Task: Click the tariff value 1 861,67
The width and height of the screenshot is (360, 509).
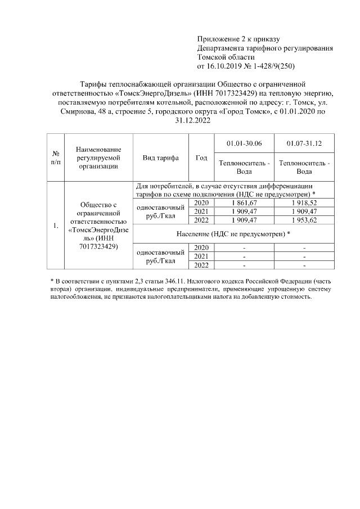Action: (x=244, y=202)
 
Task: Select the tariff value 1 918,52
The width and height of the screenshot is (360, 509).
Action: (x=304, y=202)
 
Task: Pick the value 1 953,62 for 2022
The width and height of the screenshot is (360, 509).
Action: (x=304, y=220)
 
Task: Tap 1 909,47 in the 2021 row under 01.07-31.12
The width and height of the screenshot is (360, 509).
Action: (x=304, y=211)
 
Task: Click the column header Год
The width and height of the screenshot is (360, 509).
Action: (x=201, y=158)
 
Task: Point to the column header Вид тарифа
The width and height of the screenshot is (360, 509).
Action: (x=161, y=158)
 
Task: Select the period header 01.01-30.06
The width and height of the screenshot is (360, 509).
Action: (x=244, y=143)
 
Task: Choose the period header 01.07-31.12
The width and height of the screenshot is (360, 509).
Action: (x=304, y=143)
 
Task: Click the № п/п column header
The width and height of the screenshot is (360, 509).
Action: (x=56, y=157)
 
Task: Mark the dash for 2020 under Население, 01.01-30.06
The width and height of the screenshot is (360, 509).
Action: (x=244, y=247)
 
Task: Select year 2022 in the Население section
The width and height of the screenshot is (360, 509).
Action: (x=201, y=265)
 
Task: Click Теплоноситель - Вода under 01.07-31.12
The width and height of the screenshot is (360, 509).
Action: (x=304, y=167)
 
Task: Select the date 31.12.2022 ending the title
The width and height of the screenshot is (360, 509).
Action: (x=179, y=121)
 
